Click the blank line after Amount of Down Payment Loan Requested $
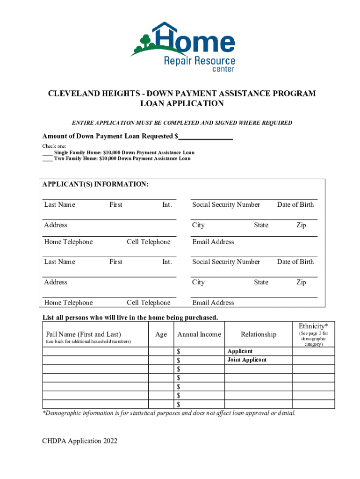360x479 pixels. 206,137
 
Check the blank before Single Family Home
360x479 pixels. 47,153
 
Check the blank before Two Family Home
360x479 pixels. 47,159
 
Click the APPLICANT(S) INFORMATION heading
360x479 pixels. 96,185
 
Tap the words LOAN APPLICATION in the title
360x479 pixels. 182,104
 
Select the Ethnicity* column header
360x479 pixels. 313,326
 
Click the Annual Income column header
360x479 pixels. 199,334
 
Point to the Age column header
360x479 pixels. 161,334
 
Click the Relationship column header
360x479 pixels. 259,334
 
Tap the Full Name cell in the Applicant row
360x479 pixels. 96,351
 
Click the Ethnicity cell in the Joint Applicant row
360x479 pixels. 313,360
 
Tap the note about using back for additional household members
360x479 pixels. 88,342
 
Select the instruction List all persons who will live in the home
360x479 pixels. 130,318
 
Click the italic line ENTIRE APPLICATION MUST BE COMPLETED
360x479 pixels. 182,123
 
